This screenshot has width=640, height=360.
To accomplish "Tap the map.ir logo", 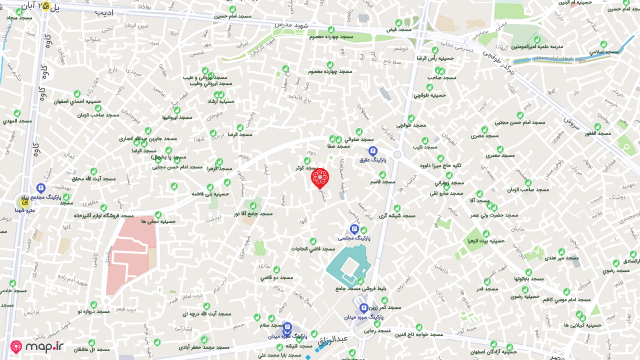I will tap(37, 346).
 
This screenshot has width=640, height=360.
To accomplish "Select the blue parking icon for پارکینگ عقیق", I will tap(372, 150).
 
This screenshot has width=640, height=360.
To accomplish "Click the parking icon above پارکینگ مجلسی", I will tap(354, 229).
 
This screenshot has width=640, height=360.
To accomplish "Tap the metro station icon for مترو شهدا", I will tap(24, 201).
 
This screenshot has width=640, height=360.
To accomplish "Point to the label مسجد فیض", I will tap(398, 29).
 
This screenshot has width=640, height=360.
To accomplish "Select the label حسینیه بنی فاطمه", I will tap(210, 193).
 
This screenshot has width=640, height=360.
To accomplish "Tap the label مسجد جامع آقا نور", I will tap(253, 213).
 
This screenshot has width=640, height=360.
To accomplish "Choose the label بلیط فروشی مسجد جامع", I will tap(368, 288).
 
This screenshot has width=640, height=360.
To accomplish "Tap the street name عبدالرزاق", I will tap(332, 340).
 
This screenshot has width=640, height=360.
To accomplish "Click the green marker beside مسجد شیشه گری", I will tap(397, 208).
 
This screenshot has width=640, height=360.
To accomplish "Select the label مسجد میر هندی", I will tap(561, 258).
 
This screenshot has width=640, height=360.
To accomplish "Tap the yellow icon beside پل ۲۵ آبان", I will tap(45, 6).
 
